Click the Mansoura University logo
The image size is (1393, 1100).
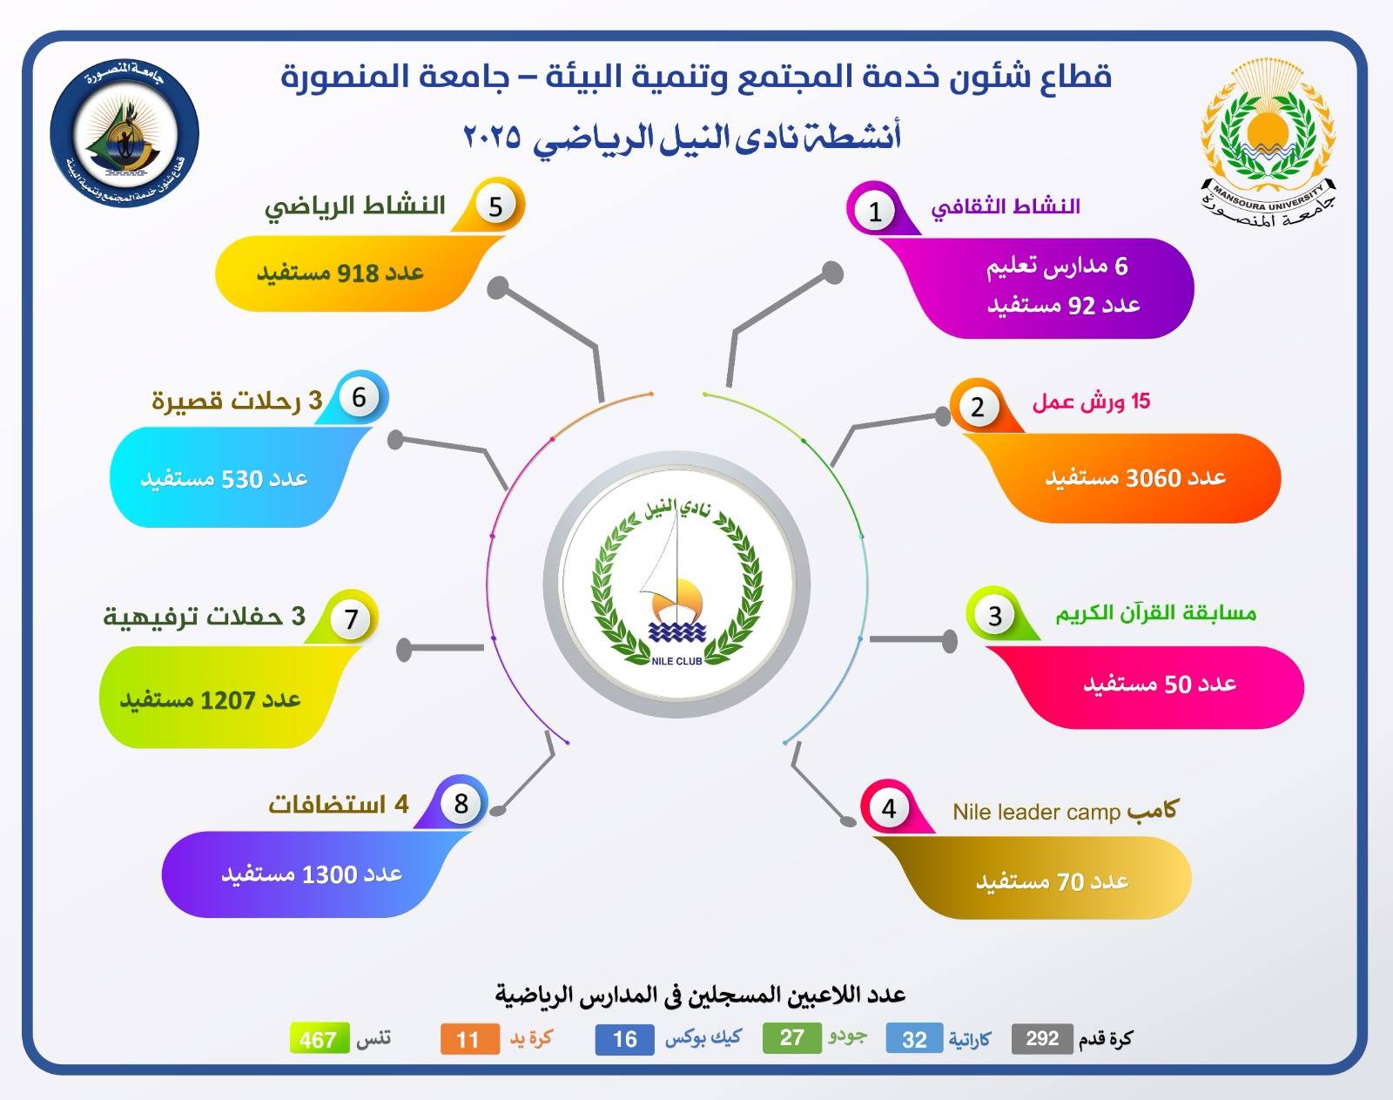(1268, 143)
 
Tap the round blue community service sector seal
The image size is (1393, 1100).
(124, 132)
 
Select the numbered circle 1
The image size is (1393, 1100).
(875, 211)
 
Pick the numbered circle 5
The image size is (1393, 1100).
(496, 206)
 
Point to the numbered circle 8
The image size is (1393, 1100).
(461, 804)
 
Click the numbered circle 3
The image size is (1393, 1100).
(995, 616)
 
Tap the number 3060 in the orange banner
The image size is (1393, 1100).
(1154, 478)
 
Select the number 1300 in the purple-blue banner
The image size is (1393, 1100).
(329, 874)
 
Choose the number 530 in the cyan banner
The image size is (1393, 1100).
(241, 479)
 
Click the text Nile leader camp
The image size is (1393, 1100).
(1036, 812)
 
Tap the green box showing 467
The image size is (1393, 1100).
(320, 1038)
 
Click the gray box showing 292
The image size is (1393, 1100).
(1042, 1038)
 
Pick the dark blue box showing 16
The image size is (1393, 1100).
(624, 1039)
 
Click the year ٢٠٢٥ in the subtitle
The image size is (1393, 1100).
(493, 137)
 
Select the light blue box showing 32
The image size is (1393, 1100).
(915, 1038)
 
